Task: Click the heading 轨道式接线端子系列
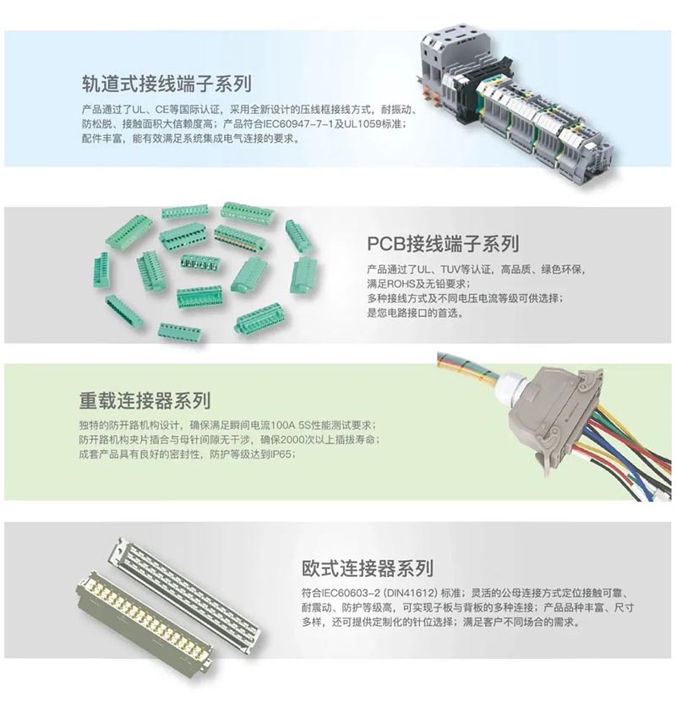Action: [x=166, y=84]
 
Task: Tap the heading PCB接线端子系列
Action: [x=443, y=243]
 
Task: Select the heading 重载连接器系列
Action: [x=144, y=400]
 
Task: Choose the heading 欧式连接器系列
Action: [x=368, y=568]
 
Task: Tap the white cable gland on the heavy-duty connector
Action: [x=509, y=387]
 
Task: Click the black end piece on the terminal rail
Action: [x=466, y=91]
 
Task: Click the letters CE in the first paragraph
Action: [x=161, y=110]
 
